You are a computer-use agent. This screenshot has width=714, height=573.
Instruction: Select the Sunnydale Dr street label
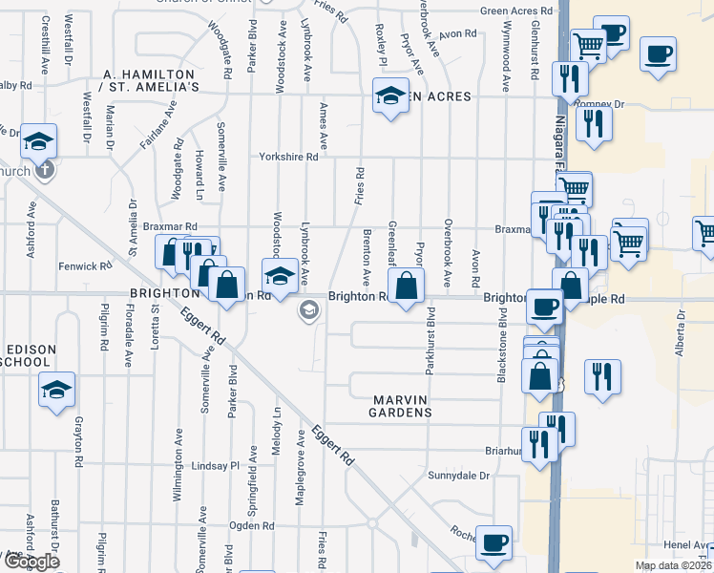458,475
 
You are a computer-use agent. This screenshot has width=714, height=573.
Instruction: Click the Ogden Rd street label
252,525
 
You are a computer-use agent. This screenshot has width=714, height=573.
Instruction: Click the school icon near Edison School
57,390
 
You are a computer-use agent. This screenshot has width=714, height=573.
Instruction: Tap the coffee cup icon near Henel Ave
493,542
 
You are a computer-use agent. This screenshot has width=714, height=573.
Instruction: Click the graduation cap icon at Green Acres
389,96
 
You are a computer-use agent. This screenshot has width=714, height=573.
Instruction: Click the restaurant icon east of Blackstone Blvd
603,375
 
